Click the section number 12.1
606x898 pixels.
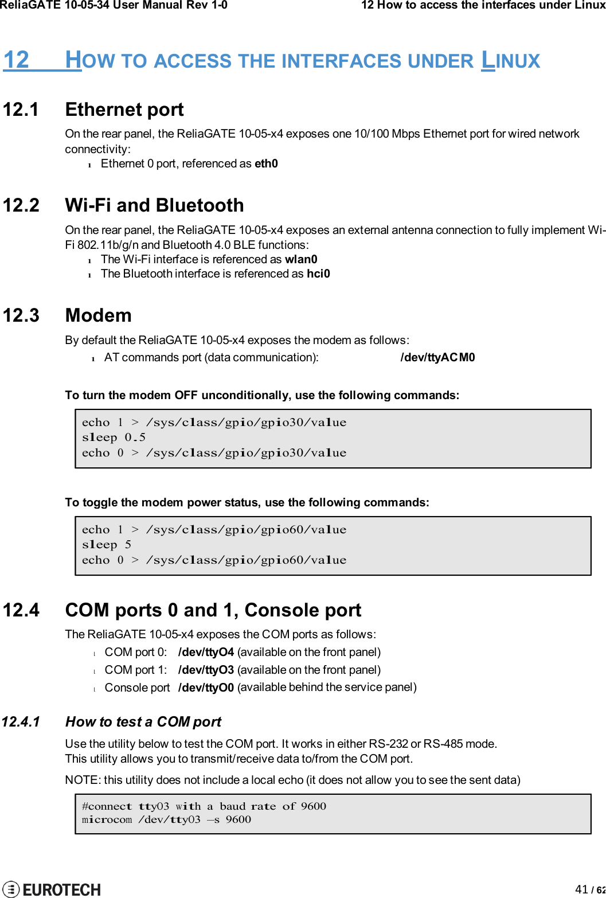(x=21, y=110)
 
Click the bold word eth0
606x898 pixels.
(x=266, y=164)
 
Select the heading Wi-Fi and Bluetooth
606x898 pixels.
(x=154, y=205)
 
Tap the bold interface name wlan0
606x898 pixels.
(x=301, y=259)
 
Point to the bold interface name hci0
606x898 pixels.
(x=318, y=274)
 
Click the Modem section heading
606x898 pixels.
(x=98, y=315)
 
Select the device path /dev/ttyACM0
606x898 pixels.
(x=437, y=358)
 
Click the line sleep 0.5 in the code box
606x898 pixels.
(x=114, y=438)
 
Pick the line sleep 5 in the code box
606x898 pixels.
(x=107, y=545)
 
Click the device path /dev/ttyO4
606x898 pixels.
(x=206, y=653)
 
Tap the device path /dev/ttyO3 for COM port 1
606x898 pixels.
(x=206, y=670)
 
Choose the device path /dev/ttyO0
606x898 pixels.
(x=206, y=688)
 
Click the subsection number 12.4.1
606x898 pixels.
(x=21, y=722)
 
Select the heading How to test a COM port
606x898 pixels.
(x=143, y=722)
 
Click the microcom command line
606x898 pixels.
(x=166, y=820)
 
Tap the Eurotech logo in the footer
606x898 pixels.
(x=52, y=889)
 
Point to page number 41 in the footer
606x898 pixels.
(x=581, y=889)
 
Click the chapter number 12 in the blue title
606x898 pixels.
(x=16, y=60)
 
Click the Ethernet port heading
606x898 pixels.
(x=124, y=110)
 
